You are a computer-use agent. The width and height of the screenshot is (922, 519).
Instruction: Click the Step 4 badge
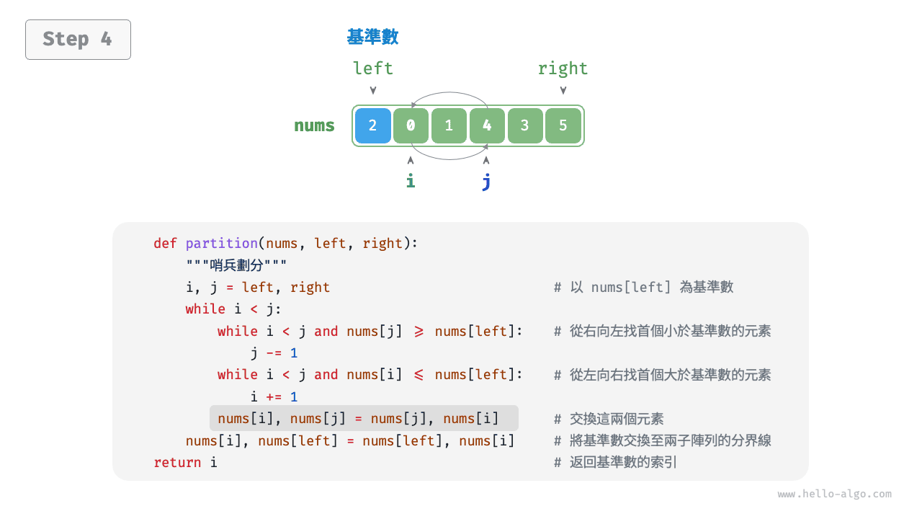[78, 40]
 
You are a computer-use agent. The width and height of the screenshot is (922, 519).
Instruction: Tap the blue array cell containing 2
[372, 125]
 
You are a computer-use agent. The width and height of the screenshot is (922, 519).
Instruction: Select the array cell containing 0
[411, 125]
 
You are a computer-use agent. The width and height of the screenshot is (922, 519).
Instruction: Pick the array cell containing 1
[449, 125]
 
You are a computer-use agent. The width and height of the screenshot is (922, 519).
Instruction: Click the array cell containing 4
[487, 125]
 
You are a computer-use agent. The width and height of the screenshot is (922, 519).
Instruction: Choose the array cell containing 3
[525, 125]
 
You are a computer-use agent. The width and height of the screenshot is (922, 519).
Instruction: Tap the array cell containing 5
[563, 125]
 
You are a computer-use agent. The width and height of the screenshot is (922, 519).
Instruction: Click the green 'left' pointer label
[372, 68]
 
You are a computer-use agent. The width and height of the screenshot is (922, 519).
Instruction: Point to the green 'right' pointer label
[563, 68]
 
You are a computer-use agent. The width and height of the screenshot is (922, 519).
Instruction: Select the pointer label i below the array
[411, 181]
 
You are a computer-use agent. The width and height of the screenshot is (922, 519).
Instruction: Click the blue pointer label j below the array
[486, 182]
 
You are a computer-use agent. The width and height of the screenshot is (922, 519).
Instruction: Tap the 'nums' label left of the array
[314, 125]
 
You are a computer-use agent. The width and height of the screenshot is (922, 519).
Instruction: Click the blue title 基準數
[372, 37]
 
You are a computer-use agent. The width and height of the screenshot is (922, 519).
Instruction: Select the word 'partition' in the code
[221, 244]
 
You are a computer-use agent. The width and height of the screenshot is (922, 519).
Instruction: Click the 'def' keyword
[165, 244]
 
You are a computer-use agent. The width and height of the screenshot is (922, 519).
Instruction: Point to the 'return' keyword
[177, 463]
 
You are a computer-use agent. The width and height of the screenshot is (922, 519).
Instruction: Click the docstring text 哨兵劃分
[237, 265]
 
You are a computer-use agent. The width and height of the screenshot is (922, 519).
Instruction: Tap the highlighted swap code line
[358, 419]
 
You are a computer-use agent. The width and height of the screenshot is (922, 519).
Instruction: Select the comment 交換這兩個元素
[617, 419]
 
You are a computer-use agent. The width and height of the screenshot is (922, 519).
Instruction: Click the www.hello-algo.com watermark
[834, 494]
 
